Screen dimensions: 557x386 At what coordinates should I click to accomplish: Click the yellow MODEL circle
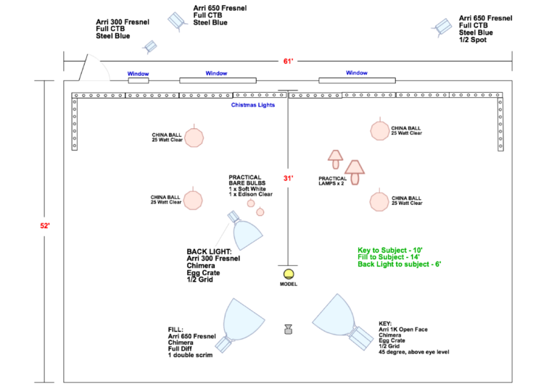[x=289, y=274]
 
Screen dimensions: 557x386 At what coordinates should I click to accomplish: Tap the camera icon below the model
[x=289, y=330]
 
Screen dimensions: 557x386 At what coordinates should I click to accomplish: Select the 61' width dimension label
[x=288, y=62]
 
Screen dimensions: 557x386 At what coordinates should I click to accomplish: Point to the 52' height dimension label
[x=45, y=226]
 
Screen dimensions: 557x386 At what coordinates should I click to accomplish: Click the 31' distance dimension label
[x=288, y=178]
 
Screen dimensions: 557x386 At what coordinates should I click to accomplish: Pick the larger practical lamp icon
[x=355, y=172]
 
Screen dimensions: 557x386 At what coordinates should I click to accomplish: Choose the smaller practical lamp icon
[x=335, y=159]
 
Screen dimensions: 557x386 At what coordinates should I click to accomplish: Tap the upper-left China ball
[x=194, y=138]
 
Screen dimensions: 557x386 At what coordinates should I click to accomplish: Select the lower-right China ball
[x=379, y=201]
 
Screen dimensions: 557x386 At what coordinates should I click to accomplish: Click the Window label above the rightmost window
[x=357, y=72]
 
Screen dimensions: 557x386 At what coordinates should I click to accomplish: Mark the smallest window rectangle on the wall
[x=139, y=81]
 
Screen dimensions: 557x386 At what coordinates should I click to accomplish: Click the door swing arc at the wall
[x=102, y=63]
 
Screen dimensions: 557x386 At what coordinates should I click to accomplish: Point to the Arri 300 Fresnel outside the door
[x=150, y=46]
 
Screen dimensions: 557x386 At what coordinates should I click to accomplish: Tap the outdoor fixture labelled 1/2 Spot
[x=442, y=27]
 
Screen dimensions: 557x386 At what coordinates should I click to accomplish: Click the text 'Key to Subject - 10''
[x=389, y=250]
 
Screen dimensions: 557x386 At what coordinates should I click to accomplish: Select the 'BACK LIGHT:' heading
[x=209, y=251]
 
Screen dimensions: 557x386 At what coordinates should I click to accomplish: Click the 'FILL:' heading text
[x=176, y=330]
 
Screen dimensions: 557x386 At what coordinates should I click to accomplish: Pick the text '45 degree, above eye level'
[x=414, y=352]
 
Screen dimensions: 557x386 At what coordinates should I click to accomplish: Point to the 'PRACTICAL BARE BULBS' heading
[x=247, y=180]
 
